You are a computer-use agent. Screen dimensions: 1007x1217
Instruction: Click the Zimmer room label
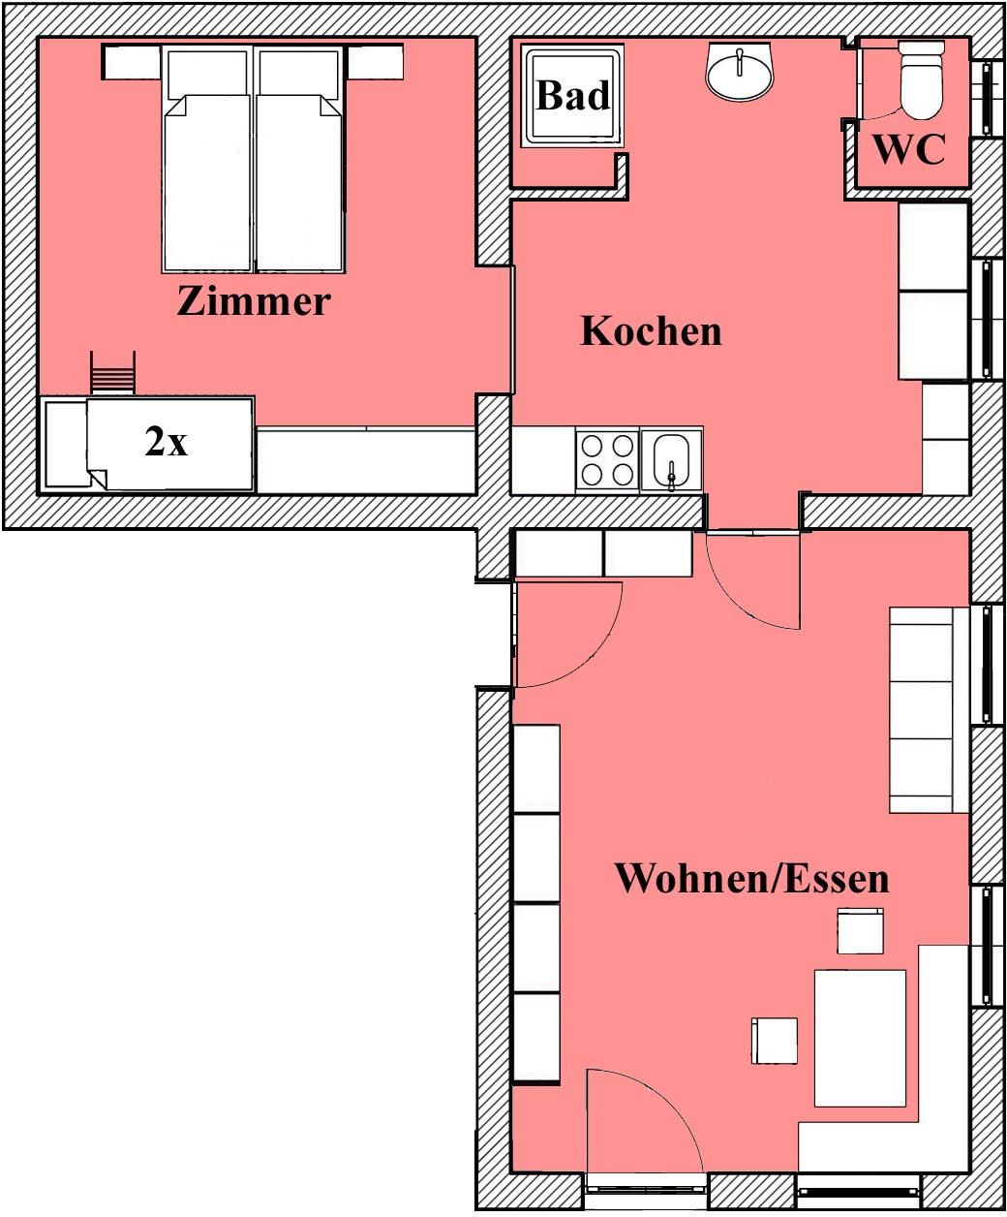click(x=254, y=301)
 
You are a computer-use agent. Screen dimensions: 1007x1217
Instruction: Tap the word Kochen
click(x=651, y=331)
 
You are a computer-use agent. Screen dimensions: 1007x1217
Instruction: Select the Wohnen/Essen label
click(x=752, y=879)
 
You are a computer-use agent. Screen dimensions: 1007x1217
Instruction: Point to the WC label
click(x=909, y=150)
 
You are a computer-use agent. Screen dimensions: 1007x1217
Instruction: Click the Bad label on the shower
click(x=573, y=95)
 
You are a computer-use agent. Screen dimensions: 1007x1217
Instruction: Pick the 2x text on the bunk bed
click(x=166, y=442)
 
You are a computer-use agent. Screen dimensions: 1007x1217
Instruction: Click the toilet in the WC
click(x=922, y=79)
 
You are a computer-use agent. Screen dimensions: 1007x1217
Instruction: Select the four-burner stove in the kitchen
click(x=607, y=461)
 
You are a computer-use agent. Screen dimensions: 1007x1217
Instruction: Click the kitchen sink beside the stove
click(x=672, y=461)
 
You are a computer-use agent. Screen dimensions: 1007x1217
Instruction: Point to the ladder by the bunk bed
click(x=113, y=374)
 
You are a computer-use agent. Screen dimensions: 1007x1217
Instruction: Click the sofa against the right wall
click(x=922, y=710)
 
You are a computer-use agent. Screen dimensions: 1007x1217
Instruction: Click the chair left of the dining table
click(x=774, y=1041)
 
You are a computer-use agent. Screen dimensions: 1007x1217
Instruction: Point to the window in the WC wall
click(x=987, y=98)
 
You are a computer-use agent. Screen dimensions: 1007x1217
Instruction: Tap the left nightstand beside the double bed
click(x=132, y=62)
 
